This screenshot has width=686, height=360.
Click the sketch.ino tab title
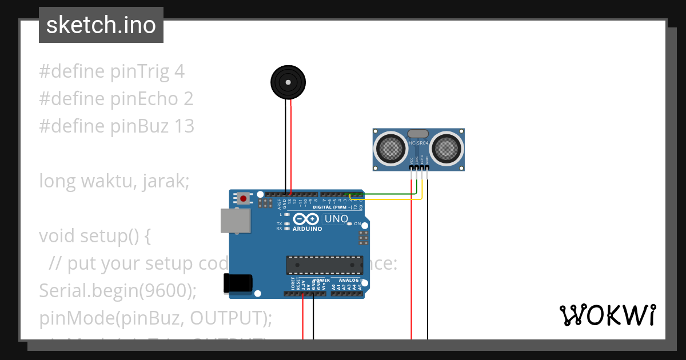101,25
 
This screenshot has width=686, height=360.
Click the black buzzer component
289,83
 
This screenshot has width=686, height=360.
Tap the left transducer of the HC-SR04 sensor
392,149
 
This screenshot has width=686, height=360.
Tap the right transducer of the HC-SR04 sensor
446,149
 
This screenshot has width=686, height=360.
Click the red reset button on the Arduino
244,199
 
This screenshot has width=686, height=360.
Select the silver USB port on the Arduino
236,221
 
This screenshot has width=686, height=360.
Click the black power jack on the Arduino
238,283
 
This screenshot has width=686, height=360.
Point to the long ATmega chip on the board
324,265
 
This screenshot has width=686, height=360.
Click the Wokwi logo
607,315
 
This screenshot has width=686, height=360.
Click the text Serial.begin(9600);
117,290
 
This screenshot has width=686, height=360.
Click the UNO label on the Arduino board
336,219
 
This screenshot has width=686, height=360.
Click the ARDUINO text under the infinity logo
307,229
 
